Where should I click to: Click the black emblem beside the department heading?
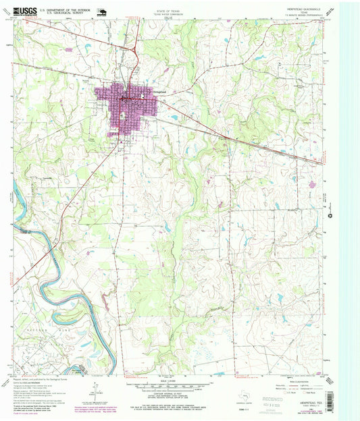103,11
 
